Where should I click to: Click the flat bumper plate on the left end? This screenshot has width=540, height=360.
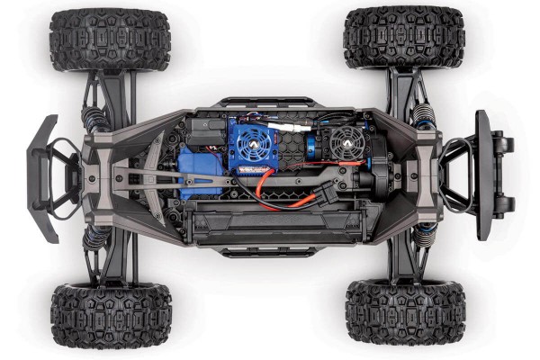pos(42,177)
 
